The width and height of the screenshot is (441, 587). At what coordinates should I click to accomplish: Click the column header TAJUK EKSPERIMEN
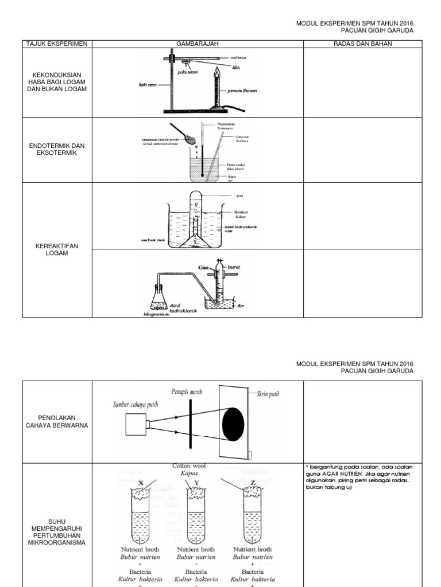point(57,44)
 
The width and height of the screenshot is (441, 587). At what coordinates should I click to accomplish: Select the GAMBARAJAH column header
point(197,44)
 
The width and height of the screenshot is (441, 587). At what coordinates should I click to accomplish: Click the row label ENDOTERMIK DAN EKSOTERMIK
point(57,150)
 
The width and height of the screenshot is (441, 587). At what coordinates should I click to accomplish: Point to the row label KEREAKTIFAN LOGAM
point(57,249)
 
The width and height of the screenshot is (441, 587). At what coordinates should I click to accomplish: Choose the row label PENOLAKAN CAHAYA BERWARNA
point(57,421)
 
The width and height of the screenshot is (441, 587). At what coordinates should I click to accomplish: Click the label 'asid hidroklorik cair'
point(241,230)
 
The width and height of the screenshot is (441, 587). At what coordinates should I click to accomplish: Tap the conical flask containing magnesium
point(157,299)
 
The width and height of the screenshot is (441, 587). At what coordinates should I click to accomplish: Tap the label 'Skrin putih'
point(269,394)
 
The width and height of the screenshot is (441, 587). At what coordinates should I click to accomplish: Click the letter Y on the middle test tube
point(196,482)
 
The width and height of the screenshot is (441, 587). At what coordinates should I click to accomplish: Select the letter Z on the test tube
point(253,482)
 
